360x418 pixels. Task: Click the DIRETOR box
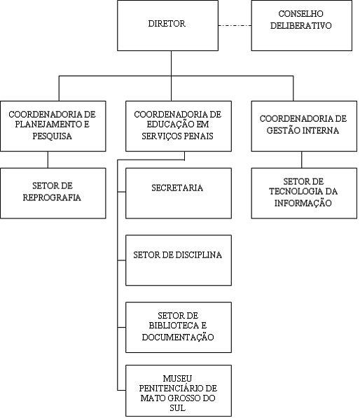167,26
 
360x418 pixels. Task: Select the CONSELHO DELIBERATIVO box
302,26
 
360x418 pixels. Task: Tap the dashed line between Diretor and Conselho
235,26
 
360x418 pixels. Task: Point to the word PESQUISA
53,137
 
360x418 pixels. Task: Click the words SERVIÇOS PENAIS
178,137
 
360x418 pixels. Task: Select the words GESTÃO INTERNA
303,130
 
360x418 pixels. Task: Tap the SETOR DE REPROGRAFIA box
53,193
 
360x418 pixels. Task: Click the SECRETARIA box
179,193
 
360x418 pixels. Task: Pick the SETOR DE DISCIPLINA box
179,260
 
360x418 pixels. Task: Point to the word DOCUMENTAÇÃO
178,337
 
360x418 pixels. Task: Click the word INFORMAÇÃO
303,203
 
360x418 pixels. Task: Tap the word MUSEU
178,379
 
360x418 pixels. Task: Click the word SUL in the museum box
178,408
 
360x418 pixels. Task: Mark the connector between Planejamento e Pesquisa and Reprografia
48,160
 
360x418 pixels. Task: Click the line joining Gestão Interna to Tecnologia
302,160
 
